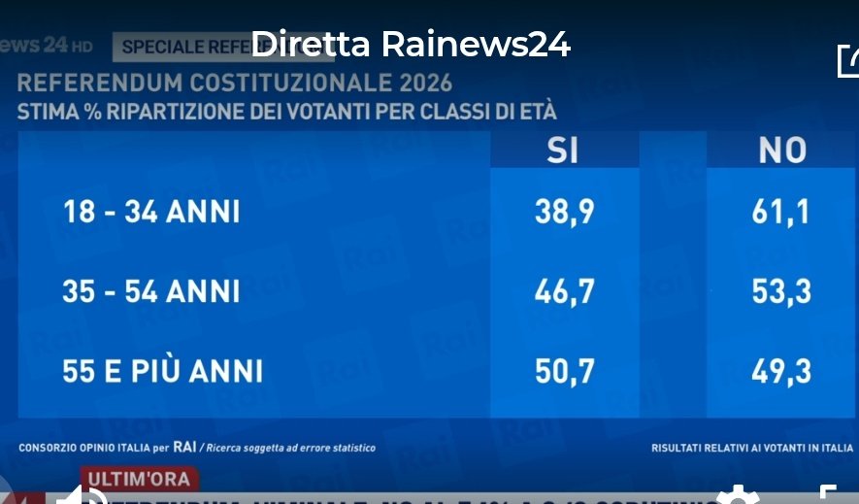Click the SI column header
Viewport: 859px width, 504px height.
[x=563, y=151]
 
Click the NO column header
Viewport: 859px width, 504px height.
[x=782, y=151]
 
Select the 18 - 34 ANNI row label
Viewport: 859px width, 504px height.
[x=150, y=212]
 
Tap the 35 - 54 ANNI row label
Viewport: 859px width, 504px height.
[x=150, y=291]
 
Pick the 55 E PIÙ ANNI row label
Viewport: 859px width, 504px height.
[x=162, y=371]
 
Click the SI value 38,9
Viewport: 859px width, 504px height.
[x=564, y=212]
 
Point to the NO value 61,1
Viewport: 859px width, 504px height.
[x=781, y=212]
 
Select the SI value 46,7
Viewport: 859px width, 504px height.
[x=564, y=291]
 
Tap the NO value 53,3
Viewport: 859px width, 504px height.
[x=781, y=291]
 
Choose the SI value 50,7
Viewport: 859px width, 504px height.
[x=564, y=371]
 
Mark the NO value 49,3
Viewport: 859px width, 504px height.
[x=781, y=371]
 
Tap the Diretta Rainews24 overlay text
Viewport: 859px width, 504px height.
[x=410, y=44]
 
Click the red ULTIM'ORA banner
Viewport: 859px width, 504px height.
[x=142, y=478]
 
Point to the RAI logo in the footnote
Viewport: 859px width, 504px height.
[x=185, y=448]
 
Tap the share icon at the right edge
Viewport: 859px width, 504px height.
[x=848, y=60]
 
